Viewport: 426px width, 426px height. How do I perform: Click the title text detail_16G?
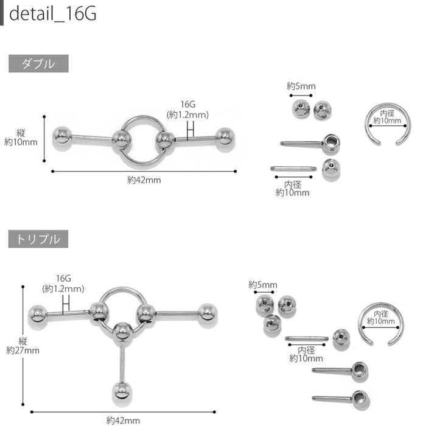[53, 13]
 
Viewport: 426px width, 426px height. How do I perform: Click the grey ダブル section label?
[38, 63]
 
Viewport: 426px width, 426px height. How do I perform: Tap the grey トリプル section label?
[38, 239]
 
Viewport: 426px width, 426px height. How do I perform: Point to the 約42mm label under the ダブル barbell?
[144, 180]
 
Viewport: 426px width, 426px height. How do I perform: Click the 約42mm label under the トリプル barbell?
[123, 421]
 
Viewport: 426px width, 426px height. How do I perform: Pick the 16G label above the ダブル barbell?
[187, 104]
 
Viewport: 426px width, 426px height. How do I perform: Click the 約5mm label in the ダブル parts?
[301, 86]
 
